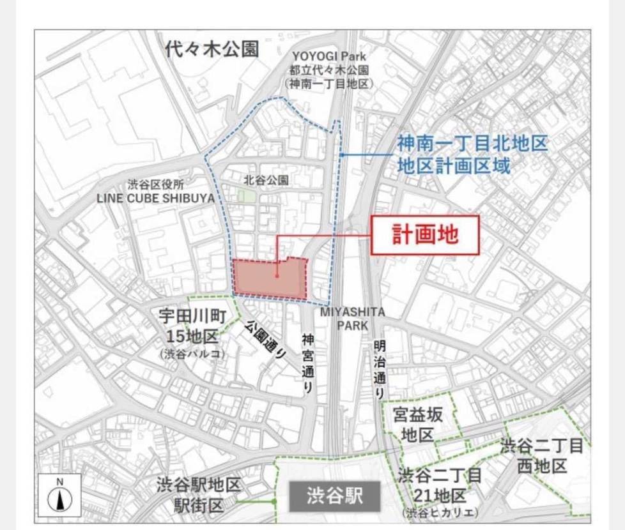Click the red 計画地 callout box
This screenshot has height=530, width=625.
pyautogui.click(x=424, y=234)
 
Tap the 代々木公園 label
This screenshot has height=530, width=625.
pyautogui.click(x=211, y=50)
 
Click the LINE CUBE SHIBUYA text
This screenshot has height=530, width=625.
pyautogui.click(x=155, y=198)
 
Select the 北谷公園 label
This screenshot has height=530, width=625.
pyautogui.click(x=266, y=181)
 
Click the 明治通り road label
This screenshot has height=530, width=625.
pyautogui.click(x=380, y=369)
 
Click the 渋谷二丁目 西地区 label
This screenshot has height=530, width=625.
pyautogui.click(x=542, y=456)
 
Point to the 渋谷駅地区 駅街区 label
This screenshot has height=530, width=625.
pyautogui.click(x=199, y=494)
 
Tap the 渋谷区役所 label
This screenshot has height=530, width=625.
pyautogui.click(x=156, y=185)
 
